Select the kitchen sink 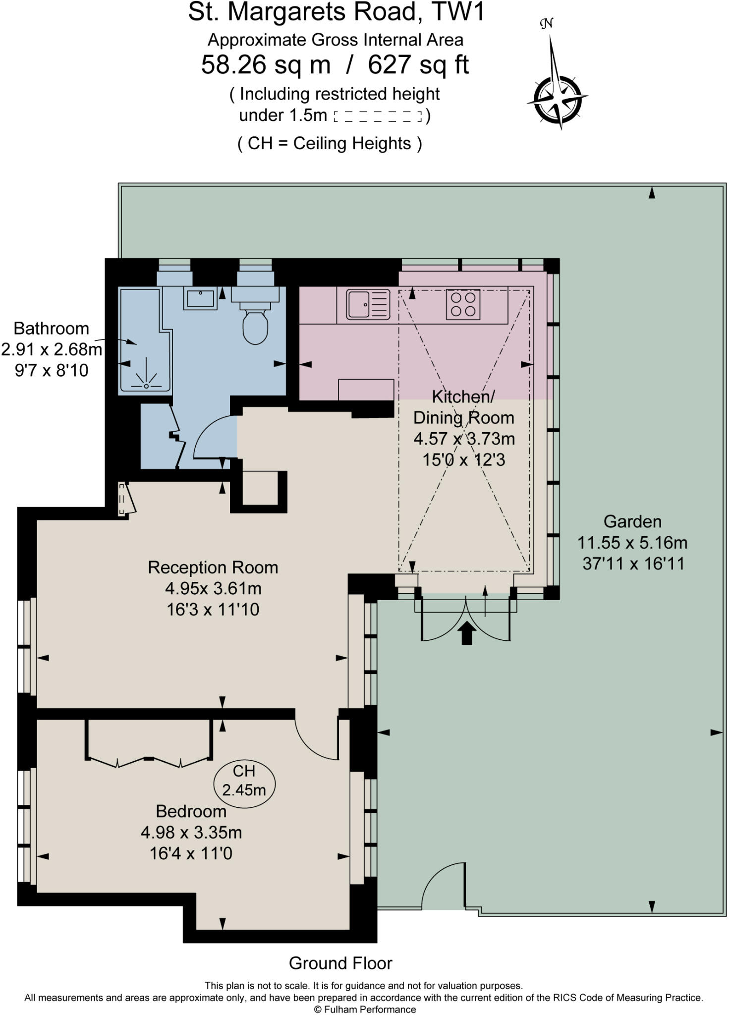367,304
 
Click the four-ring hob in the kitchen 463,304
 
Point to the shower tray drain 146,385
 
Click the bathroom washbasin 200,298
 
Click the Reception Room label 213,567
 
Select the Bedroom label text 191,811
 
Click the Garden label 632,521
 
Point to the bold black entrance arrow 467,633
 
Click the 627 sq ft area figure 418,65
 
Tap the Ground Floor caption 340,963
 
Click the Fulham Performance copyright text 365,1010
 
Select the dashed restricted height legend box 378,116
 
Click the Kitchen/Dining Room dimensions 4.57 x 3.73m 464,439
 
